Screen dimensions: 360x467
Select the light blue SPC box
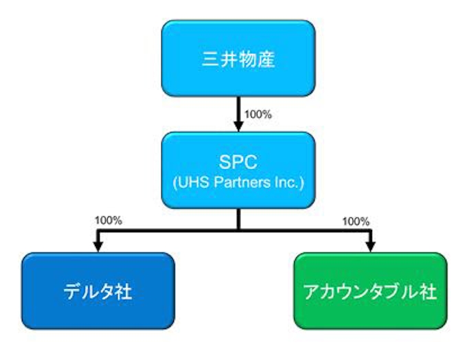click(238, 170)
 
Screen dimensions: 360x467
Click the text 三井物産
click(238, 59)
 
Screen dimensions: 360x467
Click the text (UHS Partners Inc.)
click(238, 183)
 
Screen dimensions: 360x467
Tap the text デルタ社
click(97, 291)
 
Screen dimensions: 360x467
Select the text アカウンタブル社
click(370, 291)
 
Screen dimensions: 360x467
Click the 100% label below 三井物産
click(258, 114)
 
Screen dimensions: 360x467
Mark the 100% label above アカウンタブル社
click(356, 221)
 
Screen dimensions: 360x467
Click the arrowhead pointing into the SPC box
click(238, 126)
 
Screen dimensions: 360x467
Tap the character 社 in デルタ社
click(124, 291)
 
